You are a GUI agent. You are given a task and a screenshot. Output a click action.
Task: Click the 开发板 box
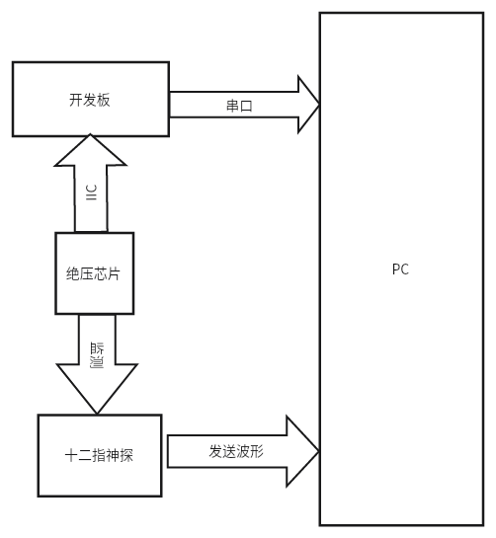tap(90, 99)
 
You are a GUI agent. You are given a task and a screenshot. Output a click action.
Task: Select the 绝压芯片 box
tap(94, 273)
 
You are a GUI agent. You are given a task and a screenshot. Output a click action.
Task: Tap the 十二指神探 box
tap(99, 455)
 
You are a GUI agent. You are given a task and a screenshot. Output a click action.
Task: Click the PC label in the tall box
tap(400, 269)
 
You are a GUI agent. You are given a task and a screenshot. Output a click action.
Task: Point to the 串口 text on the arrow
tap(239, 106)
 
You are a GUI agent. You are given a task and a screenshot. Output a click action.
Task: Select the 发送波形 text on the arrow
tap(236, 451)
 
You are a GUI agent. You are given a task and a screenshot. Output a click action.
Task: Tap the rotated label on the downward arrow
tap(96, 352)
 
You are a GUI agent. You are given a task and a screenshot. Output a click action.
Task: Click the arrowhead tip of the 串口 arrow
tap(318, 105)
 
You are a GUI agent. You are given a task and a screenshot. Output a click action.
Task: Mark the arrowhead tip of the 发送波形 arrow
tap(317, 451)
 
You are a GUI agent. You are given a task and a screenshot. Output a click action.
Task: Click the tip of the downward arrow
tap(96, 412)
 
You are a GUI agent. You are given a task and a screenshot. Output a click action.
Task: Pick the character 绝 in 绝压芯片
tap(73, 274)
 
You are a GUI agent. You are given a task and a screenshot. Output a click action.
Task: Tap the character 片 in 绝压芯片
tap(114, 274)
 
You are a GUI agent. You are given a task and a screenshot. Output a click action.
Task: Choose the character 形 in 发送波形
tap(257, 451)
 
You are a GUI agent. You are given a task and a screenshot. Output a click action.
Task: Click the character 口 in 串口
tap(246, 106)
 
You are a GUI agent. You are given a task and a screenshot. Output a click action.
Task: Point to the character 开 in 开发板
tap(76, 100)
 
